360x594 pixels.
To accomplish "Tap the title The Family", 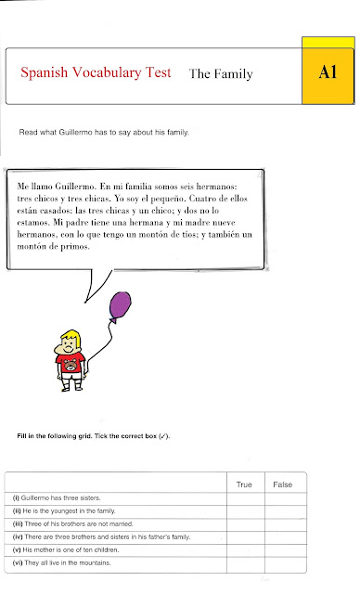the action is tap(220, 73).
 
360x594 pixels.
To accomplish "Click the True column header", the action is tap(244, 484).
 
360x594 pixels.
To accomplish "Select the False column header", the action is tap(282, 484).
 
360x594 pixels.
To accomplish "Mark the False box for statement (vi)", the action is tap(282, 562).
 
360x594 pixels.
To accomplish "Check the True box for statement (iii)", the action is tap(244, 524).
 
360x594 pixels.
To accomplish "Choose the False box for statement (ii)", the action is tap(282, 512).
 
